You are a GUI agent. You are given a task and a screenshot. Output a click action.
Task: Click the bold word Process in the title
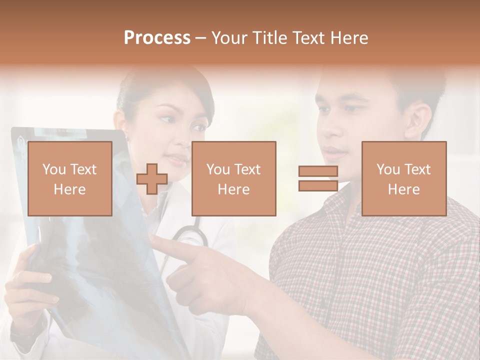click(x=157, y=38)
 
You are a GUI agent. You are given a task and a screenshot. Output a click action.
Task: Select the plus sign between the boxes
click(x=152, y=178)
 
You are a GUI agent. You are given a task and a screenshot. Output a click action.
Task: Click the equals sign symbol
click(x=318, y=178)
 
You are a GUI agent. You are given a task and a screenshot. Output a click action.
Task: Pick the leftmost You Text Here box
click(x=69, y=178)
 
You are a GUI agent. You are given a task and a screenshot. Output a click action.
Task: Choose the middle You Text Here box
click(x=233, y=178)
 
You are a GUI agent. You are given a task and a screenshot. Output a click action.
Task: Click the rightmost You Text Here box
click(x=403, y=178)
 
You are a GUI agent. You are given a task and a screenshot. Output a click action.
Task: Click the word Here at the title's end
click(x=350, y=38)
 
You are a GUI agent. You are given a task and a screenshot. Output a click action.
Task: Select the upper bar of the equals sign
click(x=318, y=171)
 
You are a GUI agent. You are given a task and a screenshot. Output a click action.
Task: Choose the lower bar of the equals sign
click(x=318, y=185)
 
